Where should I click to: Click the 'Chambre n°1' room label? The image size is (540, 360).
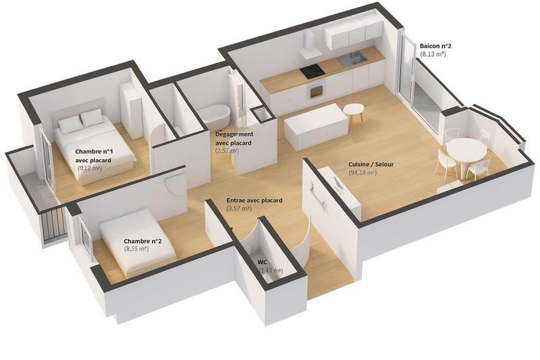tap(94, 151)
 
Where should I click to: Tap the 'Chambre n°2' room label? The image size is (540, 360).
tap(142, 240)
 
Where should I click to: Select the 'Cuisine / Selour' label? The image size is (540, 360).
tap(371, 165)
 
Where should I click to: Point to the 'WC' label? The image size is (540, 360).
tap(263, 261)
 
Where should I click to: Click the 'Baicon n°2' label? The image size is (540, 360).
tap(435, 46)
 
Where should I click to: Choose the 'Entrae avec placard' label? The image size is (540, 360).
tap(254, 201)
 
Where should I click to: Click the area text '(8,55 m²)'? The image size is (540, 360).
tap(137, 249)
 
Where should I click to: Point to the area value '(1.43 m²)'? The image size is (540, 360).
tap(271, 270)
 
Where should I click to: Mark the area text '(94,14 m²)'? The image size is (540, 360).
tap(363, 174)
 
